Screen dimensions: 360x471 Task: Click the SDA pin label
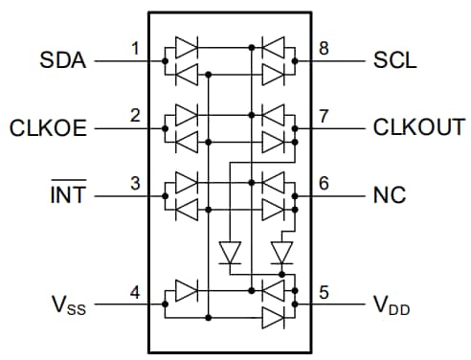(64, 61)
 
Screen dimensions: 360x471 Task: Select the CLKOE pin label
(49, 128)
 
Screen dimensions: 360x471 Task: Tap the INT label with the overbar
(67, 196)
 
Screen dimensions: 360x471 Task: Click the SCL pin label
(394, 61)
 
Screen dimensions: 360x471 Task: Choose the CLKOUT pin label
(418, 128)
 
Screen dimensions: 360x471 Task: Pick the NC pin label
(390, 196)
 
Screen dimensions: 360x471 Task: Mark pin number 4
(135, 293)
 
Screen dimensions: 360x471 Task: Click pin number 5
(325, 293)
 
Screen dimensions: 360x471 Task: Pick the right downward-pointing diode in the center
(280, 253)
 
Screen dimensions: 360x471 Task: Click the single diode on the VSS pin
(187, 289)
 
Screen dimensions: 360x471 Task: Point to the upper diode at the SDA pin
(187, 46)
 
